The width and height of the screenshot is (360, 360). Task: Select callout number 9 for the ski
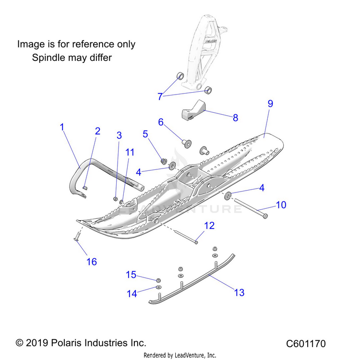pos(270,104)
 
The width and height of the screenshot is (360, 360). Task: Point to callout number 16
pos(91,262)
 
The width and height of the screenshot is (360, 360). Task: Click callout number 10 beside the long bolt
pos(281,205)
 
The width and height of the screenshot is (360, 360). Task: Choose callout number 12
pos(209,226)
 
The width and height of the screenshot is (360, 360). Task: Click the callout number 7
pos(160,96)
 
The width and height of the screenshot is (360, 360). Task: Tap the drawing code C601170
pos(306,344)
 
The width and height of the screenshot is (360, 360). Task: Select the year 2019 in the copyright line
pos(39,343)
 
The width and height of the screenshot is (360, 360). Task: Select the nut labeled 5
pos(164,161)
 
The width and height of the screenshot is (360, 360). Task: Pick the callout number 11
pos(130,152)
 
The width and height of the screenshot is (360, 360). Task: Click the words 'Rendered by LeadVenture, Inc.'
pos(180,355)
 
